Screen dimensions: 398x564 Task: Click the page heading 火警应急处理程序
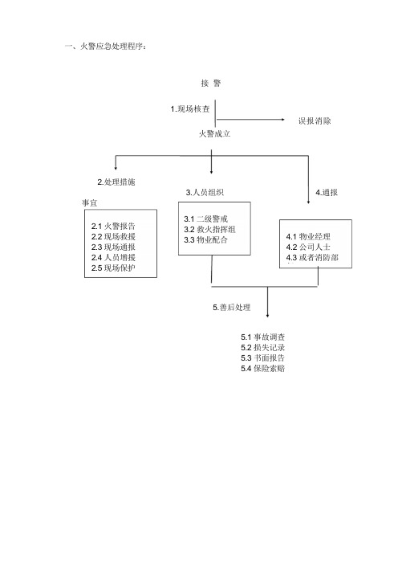click(x=113, y=47)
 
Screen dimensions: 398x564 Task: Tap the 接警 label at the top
click(x=211, y=84)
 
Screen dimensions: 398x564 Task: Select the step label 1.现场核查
click(x=190, y=109)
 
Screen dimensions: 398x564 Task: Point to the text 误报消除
click(x=315, y=121)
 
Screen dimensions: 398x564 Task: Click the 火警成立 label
click(x=214, y=134)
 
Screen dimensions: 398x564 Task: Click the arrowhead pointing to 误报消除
click(x=282, y=120)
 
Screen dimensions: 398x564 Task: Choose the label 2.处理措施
click(x=116, y=182)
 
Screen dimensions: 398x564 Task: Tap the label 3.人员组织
click(x=205, y=193)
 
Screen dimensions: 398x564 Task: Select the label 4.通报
click(x=327, y=193)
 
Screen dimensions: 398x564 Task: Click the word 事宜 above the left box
click(x=89, y=203)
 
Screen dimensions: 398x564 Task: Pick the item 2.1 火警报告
click(x=113, y=227)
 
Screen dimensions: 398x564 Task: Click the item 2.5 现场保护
click(x=113, y=268)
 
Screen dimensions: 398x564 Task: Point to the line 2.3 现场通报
click(x=113, y=247)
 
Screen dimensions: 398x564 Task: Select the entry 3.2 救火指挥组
click(x=209, y=230)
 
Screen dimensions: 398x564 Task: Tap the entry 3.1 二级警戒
click(x=206, y=219)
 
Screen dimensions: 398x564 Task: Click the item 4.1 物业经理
click(x=308, y=237)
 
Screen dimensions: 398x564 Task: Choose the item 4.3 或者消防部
click(x=312, y=258)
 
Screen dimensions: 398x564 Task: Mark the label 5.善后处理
click(x=231, y=308)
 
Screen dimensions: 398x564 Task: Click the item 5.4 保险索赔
click(x=263, y=368)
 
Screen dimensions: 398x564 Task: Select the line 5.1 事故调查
click(x=263, y=337)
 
